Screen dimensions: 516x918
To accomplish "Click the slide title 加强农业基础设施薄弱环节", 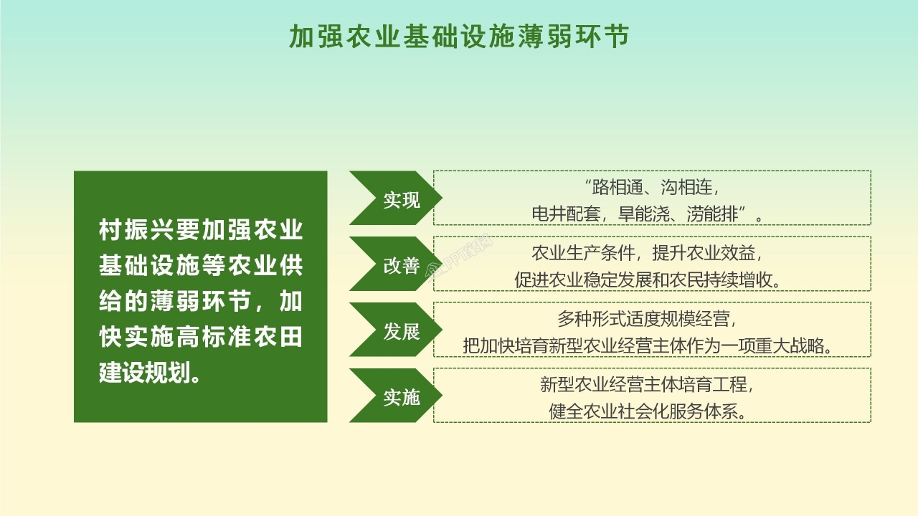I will pyautogui.click(x=459, y=37).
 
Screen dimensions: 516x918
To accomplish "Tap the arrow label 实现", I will pyautogui.click(x=401, y=200).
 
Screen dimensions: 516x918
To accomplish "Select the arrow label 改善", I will pyautogui.click(x=401, y=266).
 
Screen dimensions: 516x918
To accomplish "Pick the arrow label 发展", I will pyautogui.click(x=401, y=332).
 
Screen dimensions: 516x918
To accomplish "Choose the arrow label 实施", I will pyautogui.click(x=401, y=397).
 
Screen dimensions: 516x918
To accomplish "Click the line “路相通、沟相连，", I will pyautogui.click(x=652, y=188).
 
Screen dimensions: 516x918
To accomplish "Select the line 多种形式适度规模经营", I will pyautogui.click(x=646, y=319).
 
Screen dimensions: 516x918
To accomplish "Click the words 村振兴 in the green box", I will pyautogui.click(x=130, y=231).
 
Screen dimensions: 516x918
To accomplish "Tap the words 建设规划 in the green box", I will pyautogui.click(x=140, y=373).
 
